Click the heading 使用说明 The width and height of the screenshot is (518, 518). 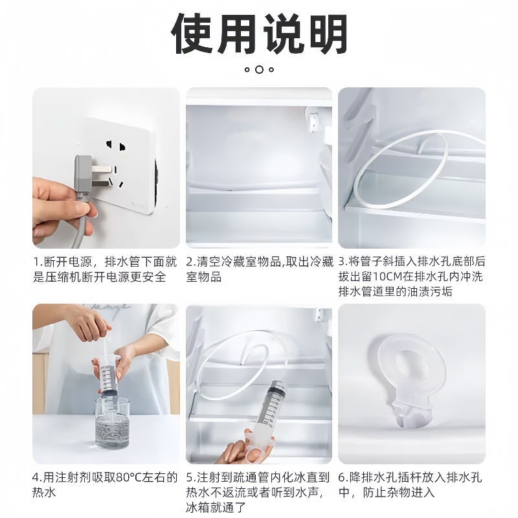click(x=259, y=33)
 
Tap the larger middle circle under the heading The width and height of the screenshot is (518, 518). click(x=259, y=69)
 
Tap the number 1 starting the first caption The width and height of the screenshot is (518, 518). click(x=36, y=262)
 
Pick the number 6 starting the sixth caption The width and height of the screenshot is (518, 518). click(x=342, y=478)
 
